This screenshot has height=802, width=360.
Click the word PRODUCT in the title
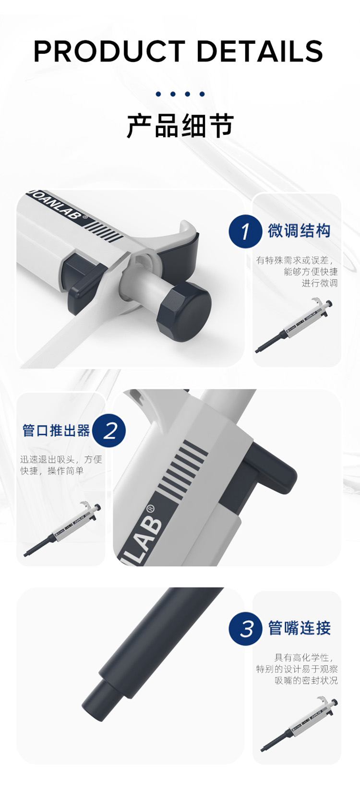109,51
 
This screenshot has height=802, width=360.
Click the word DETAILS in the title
260,51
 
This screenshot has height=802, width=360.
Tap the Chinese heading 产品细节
180,126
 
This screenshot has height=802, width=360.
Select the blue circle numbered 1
245,231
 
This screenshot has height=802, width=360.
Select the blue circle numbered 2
109,431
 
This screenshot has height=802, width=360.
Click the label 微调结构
299,230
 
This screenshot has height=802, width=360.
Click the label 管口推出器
56,430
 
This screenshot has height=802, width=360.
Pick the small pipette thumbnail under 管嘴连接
299,724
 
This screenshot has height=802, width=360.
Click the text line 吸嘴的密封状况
306,680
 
